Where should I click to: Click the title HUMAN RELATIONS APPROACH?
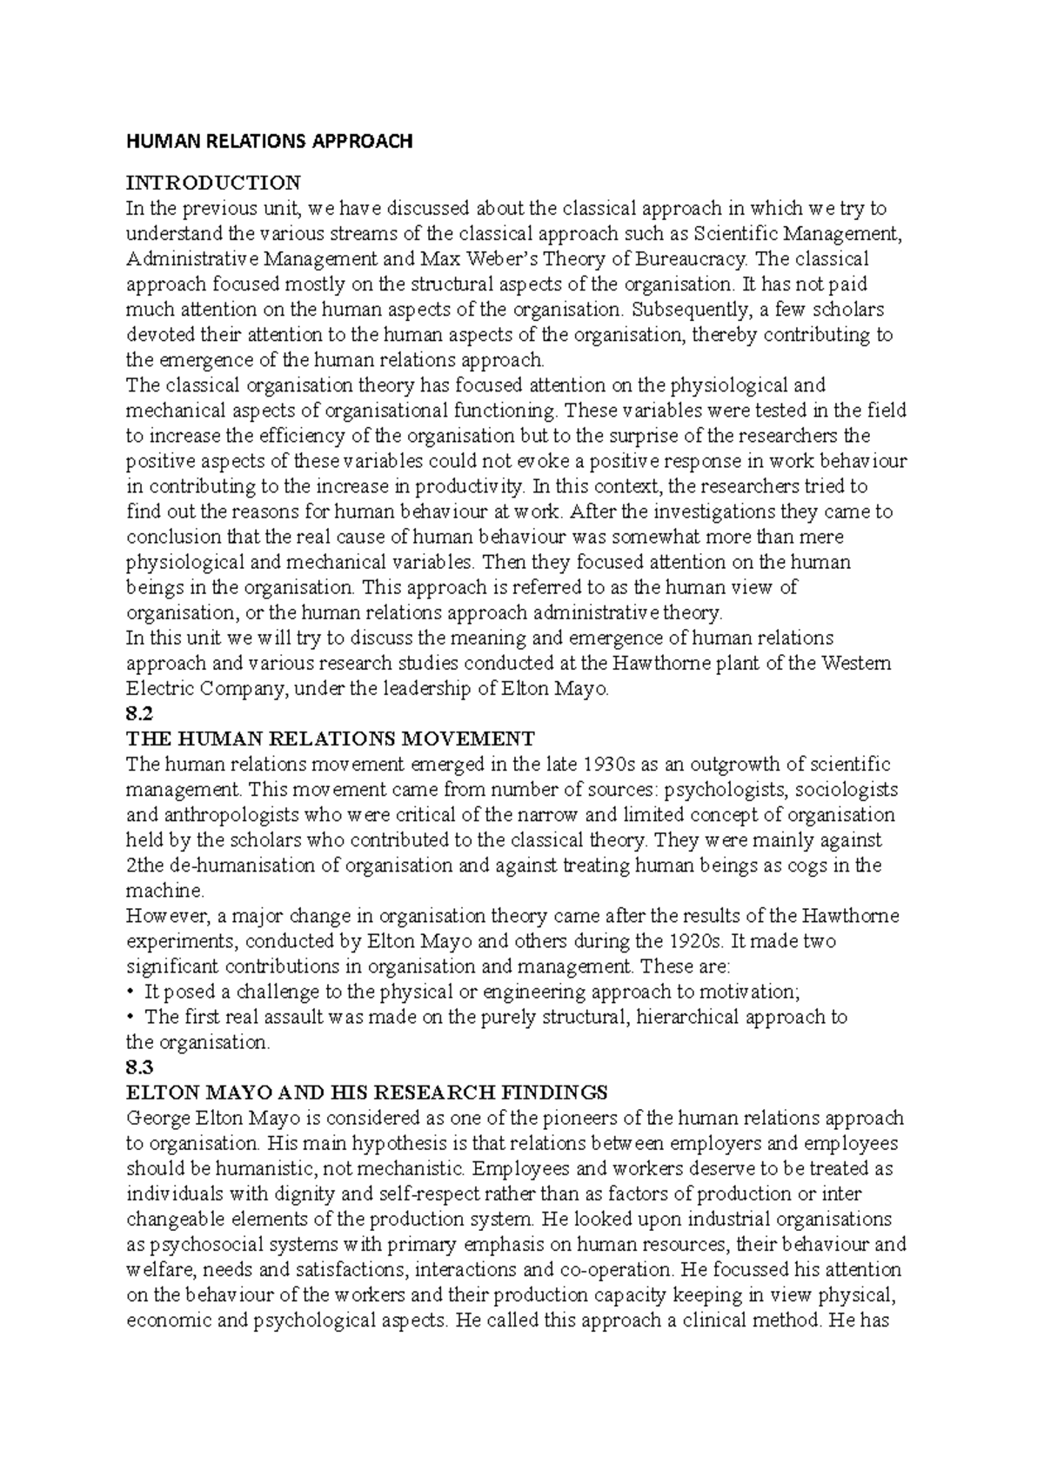269,141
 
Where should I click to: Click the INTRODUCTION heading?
213,183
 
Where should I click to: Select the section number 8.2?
139,714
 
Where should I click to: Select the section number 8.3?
139,1067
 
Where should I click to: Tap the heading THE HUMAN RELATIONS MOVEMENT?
331,739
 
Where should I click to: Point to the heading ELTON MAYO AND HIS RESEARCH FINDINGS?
366,1093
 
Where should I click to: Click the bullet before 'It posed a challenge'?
130,992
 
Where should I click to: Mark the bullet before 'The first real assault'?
130,1017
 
